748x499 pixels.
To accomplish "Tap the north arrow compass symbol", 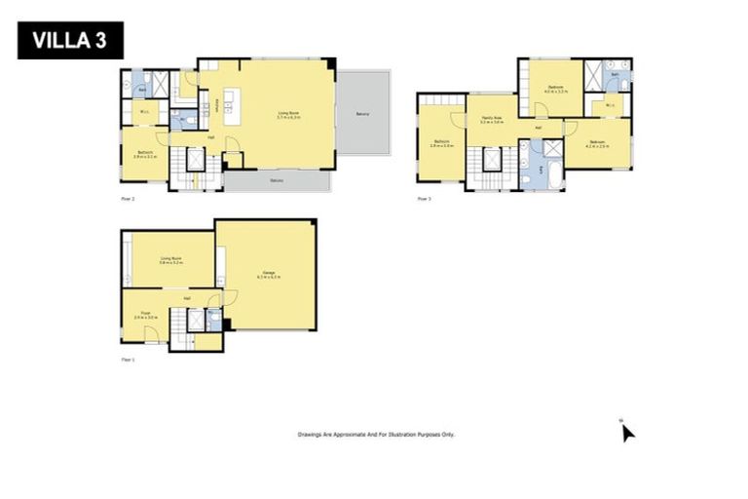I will pos(627,431).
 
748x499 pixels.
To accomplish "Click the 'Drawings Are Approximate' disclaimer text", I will pos(376,435).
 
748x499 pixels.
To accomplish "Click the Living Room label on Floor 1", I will pos(171,260).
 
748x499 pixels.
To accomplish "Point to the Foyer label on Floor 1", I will pos(144,316).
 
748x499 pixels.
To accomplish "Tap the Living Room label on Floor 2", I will pos(288,116).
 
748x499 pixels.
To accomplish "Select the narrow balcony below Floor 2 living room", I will pos(278,181).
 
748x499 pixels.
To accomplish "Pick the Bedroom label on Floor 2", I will pos(145,154).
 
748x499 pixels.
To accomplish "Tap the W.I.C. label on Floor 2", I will pos(143,111).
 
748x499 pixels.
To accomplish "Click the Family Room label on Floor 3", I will pos(490,120).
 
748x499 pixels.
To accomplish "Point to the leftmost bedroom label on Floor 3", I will pos(442,144).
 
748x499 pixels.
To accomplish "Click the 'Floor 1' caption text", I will pos(128,360).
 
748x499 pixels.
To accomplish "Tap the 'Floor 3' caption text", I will pos(424,199).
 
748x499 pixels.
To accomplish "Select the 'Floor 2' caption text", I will pos(128,198).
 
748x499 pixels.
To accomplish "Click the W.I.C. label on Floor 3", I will pos(609,105).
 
